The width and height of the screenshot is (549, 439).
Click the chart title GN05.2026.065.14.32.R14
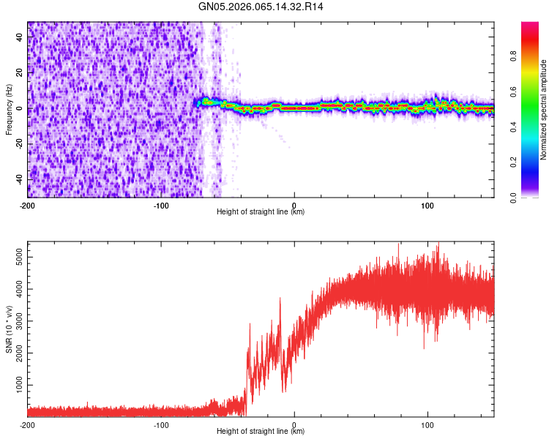point(261,7)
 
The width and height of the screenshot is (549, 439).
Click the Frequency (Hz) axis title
point(9,109)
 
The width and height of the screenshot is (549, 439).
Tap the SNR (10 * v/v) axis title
point(9,329)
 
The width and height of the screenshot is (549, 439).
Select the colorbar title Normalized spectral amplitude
point(543,110)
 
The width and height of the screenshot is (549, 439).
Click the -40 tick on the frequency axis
point(18,179)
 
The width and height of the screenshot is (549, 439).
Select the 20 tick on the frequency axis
point(19,73)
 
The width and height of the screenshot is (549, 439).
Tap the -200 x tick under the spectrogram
point(27,205)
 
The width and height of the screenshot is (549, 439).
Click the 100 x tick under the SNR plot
point(427,424)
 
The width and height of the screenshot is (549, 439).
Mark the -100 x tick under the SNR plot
point(161,424)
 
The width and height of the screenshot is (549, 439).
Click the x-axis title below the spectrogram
point(261,212)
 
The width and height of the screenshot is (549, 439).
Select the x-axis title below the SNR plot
point(261,432)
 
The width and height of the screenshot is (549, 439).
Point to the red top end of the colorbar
point(530,25)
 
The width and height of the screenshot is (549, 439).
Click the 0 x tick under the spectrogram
point(294,205)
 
